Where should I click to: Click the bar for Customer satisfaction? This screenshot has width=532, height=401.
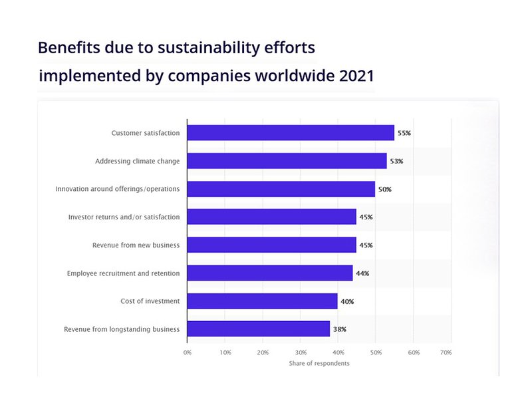pyautogui.click(x=291, y=133)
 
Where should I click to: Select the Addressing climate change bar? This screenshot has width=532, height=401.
pyautogui.click(x=287, y=161)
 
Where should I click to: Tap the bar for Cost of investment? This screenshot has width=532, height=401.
pyautogui.click(x=262, y=301)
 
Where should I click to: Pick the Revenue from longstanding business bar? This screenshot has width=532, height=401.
pyautogui.click(x=258, y=329)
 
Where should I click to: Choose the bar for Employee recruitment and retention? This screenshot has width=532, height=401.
pyautogui.click(x=270, y=273)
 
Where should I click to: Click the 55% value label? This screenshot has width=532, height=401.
pyautogui.click(x=404, y=133)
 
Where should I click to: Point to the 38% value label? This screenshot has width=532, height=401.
pyautogui.click(x=339, y=329)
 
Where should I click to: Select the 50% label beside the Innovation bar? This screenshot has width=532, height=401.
pyautogui.click(x=384, y=190)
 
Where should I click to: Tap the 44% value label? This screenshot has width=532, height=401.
pyautogui.click(x=362, y=273)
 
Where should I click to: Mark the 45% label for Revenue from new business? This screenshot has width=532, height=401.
pyautogui.click(x=366, y=245)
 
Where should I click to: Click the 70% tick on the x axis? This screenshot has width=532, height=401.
pyautogui.click(x=446, y=352)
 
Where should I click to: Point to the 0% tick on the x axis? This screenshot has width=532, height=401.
pyautogui.click(x=188, y=352)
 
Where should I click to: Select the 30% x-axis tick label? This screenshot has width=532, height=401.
pyautogui.click(x=301, y=352)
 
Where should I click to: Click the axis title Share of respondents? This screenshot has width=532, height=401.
pyautogui.click(x=319, y=363)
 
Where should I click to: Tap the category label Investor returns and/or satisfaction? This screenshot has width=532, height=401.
pyautogui.click(x=124, y=217)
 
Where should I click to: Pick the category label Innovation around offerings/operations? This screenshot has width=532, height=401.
pyautogui.click(x=118, y=190)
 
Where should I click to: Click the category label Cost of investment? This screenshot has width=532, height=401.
pyautogui.click(x=150, y=301)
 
